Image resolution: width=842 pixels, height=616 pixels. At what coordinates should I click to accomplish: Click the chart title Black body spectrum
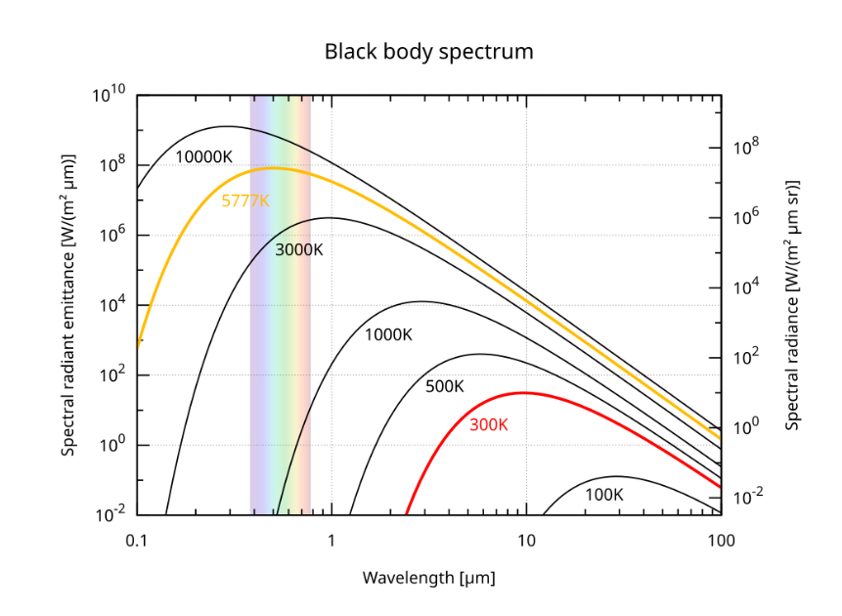428,52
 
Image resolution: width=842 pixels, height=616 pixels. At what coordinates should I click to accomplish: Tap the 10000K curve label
204,156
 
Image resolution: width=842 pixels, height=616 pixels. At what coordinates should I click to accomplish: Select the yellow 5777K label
245,201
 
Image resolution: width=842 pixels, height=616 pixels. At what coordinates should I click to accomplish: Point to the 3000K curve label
298,249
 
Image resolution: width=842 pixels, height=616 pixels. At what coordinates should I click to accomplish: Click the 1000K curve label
389,335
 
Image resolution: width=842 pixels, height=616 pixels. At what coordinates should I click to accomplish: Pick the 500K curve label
445,386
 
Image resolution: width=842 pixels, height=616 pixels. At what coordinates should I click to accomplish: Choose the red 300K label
489,425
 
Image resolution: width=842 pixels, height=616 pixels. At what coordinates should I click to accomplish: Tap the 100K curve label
603,495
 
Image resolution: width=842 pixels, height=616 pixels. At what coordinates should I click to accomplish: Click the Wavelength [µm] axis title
428,577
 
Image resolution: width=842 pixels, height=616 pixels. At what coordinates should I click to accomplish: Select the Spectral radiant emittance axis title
68,305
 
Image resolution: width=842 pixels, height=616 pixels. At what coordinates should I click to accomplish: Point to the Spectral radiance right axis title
793,305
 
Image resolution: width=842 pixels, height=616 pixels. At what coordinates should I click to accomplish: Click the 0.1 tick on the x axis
137,540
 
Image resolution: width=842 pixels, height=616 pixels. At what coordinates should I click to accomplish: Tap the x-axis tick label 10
526,540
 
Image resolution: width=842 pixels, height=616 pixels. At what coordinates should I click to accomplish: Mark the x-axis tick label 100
721,540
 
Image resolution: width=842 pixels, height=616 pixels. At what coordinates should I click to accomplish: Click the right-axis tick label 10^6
746,218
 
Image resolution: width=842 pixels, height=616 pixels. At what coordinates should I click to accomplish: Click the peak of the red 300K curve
524,392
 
